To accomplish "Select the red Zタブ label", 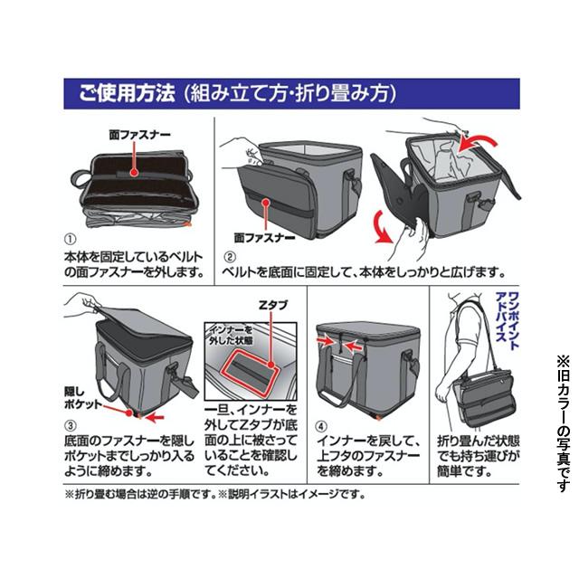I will [x=273, y=306].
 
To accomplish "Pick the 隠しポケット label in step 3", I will [x=79, y=399].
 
